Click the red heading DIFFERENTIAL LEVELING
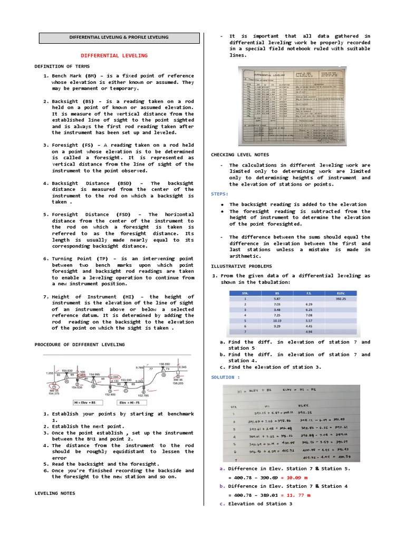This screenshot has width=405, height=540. click(x=114, y=55)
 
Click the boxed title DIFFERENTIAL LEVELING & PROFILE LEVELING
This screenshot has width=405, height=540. click(x=119, y=37)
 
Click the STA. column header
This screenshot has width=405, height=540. click(x=244, y=293)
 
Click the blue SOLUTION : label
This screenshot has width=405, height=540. click(x=226, y=378)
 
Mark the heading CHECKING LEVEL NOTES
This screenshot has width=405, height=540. click(x=240, y=155)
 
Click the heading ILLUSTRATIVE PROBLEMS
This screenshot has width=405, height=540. click(x=242, y=266)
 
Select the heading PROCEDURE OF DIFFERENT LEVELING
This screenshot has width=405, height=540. click(x=80, y=344)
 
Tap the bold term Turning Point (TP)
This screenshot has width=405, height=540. click(x=85, y=259)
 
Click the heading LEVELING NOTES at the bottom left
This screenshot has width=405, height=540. click(x=55, y=493)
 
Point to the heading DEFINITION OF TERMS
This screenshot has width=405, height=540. click(x=62, y=66)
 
